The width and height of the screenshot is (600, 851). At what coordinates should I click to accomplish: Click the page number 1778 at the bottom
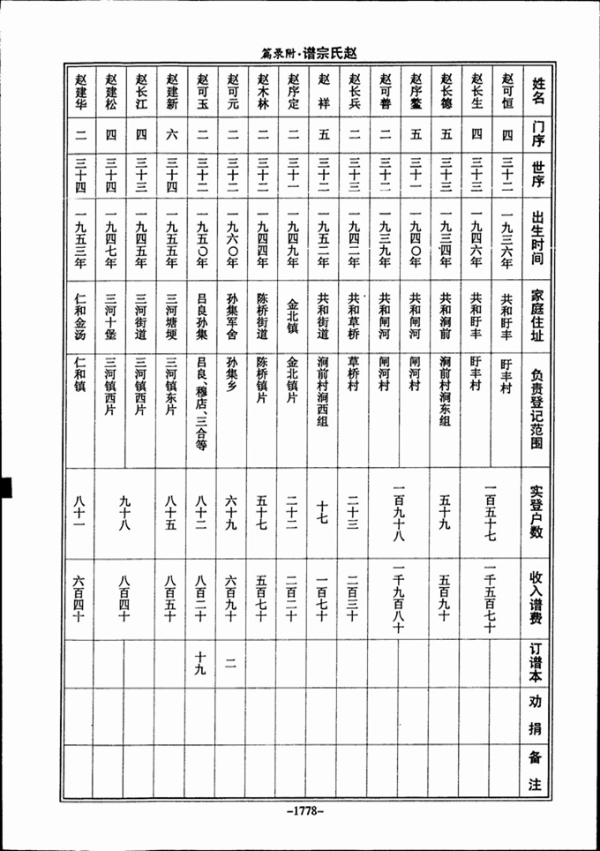tap(300, 809)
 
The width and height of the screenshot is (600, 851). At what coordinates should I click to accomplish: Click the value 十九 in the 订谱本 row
tap(201, 663)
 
